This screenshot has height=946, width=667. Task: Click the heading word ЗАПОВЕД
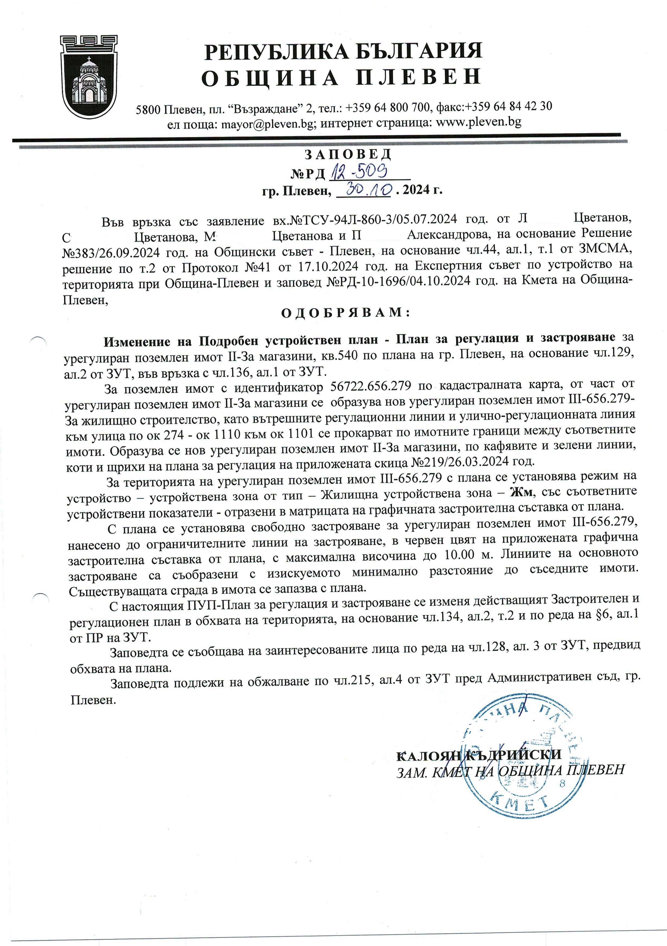pyautogui.click(x=348, y=154)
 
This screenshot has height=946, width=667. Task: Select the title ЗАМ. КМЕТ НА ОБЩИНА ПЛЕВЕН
pyautogui.click(x=510, y=771)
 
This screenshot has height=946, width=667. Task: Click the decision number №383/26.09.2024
pyautogui.click(x=110, y=252)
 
